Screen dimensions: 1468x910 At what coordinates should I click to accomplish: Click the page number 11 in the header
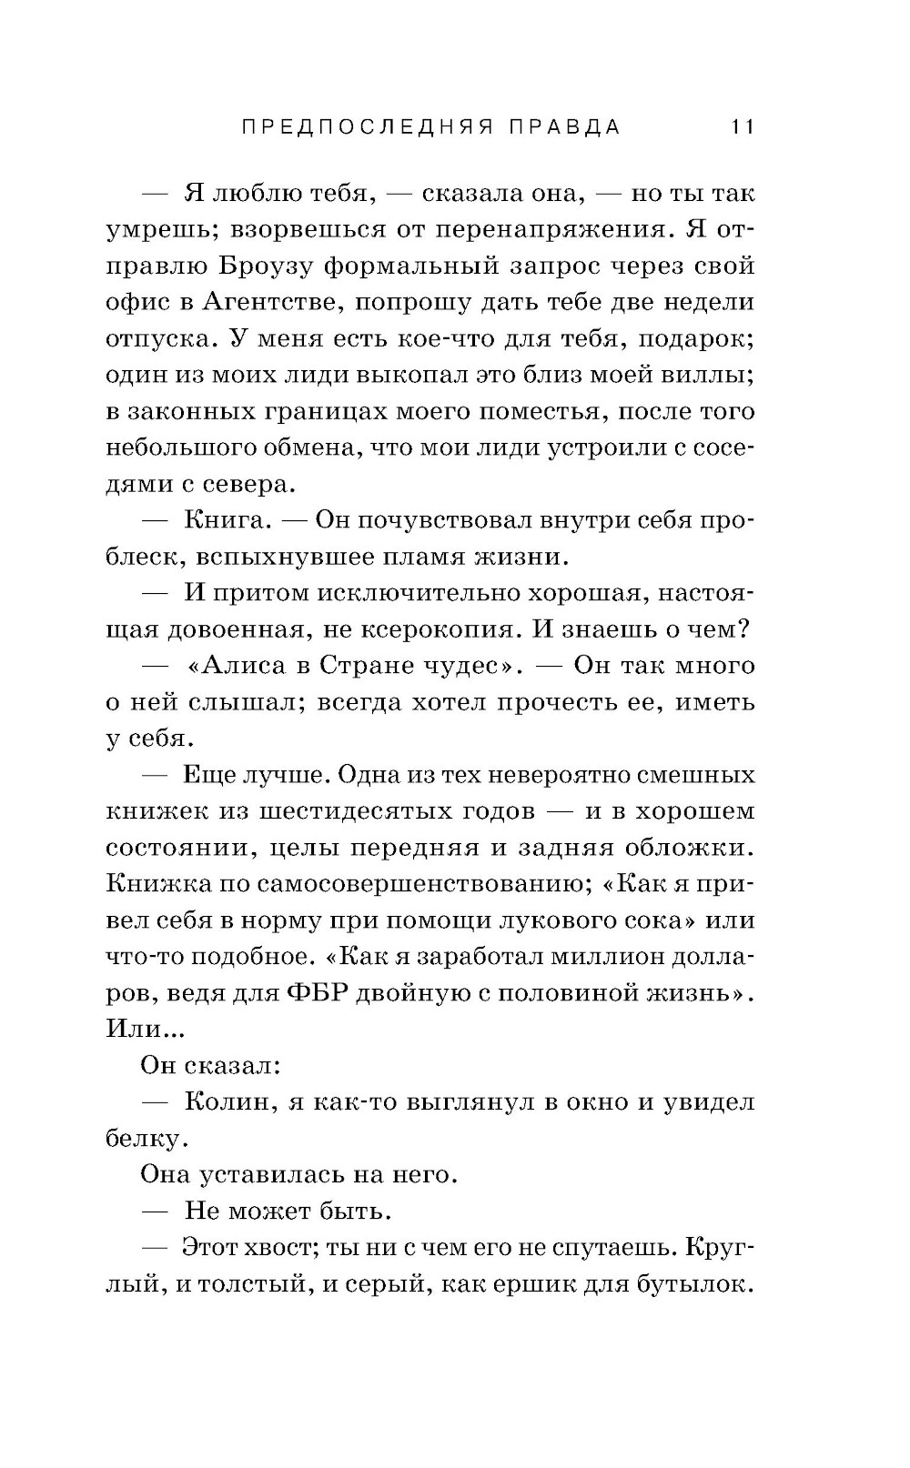(x=743, y=127)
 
